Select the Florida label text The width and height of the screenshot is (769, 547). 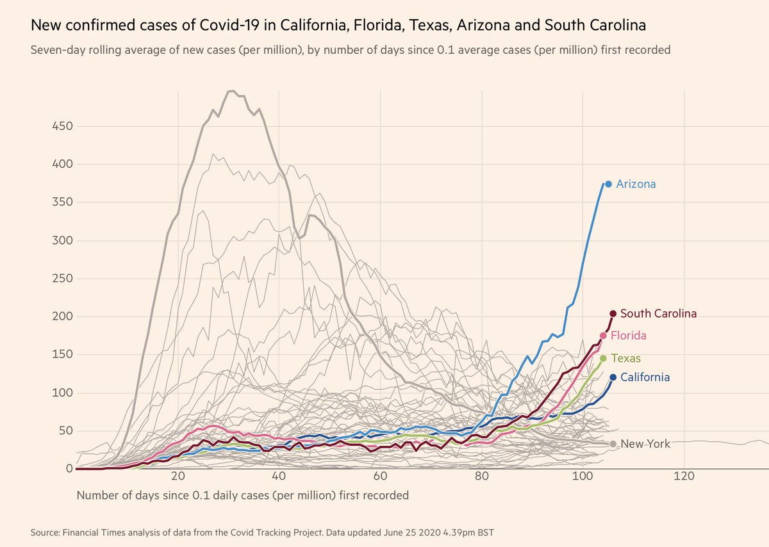coord(628,336)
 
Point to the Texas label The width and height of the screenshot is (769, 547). coord(625,358)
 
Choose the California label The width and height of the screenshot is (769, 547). coord(644,378)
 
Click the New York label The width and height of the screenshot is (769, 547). coord(645,444)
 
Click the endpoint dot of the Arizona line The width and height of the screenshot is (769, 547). coord(608,184)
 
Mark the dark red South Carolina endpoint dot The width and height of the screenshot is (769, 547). coord(613,314)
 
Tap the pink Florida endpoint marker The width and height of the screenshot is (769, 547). coord(603,336)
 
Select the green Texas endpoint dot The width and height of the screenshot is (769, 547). coord(603,358)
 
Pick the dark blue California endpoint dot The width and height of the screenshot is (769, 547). coord(613,378)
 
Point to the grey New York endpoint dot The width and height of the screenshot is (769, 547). coord(613,444)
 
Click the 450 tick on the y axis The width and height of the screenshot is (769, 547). coord(61,127)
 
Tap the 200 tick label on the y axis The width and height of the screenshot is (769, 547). coord(61,317)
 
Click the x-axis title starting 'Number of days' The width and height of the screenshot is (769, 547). coord(242,495)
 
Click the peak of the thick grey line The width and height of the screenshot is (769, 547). coord(231,91)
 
